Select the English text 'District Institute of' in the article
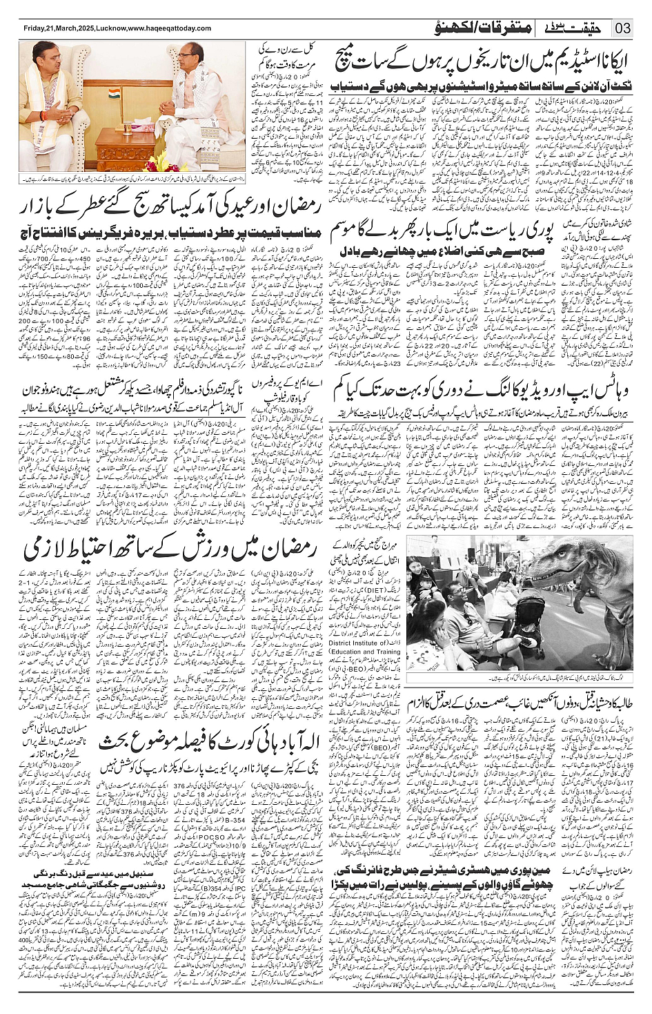(373, 643)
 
